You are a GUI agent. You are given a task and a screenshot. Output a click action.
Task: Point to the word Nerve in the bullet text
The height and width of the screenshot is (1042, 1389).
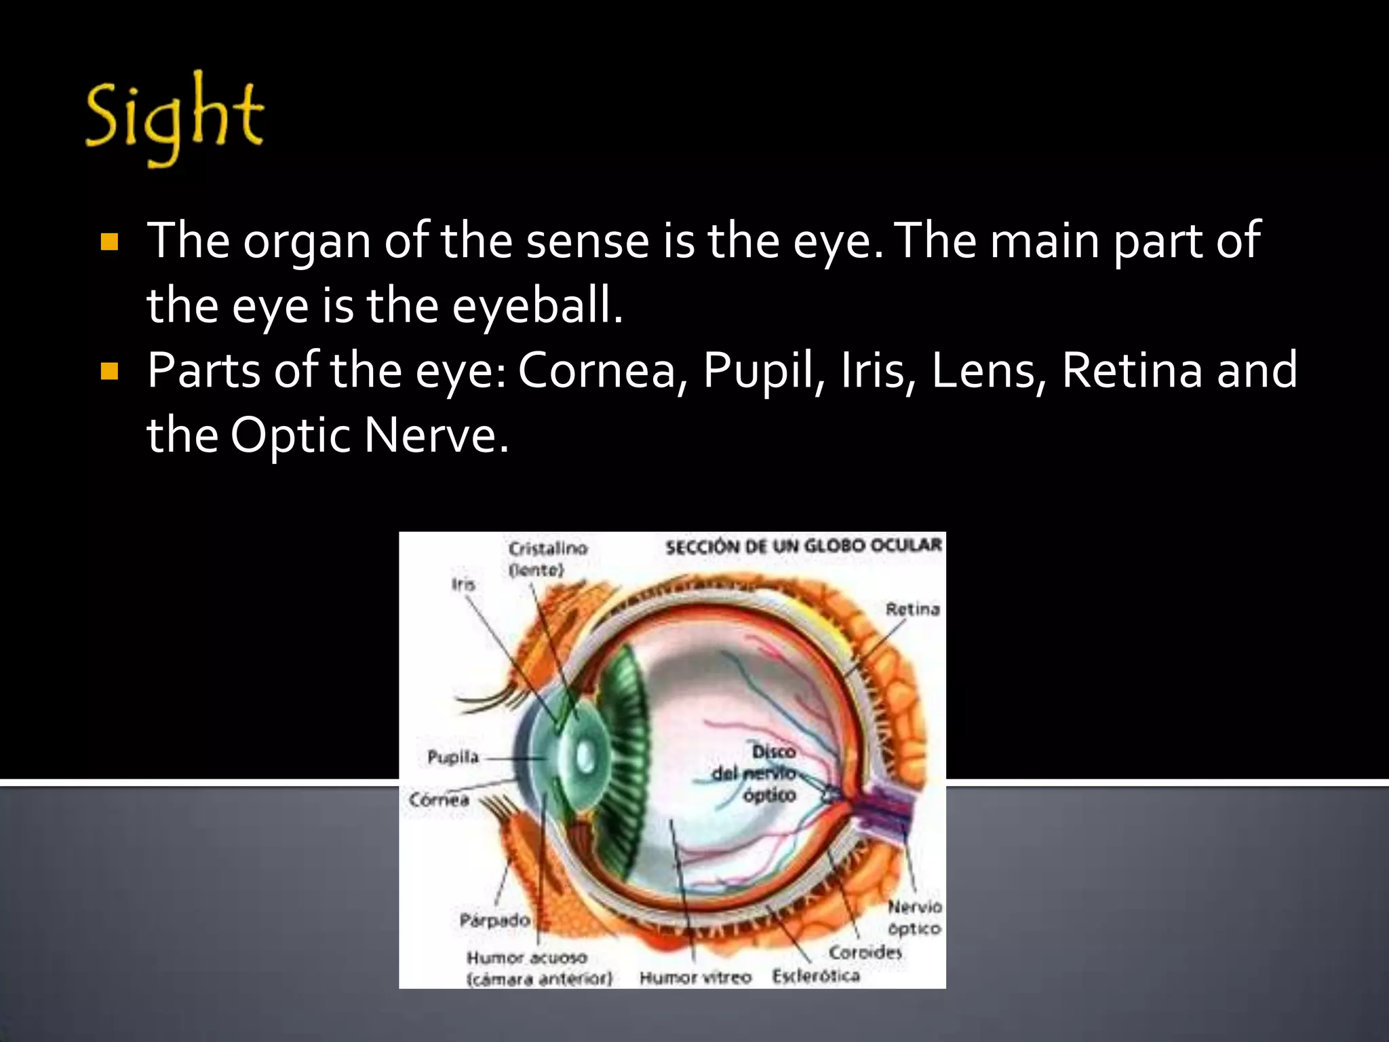tap(435, 435)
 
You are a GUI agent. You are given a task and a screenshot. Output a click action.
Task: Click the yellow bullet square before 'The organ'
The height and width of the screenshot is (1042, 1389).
tap(109, 242)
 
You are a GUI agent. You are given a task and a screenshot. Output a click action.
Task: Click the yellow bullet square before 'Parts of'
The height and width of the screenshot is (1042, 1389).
tap(109, 371)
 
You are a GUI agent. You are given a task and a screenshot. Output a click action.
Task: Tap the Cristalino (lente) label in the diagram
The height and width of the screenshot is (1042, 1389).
tap(547, 558)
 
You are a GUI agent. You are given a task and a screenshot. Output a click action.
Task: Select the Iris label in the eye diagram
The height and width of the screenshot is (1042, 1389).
tap(464, 584)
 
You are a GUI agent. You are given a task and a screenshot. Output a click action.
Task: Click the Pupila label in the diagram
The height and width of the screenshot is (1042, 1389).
tap(453, 757)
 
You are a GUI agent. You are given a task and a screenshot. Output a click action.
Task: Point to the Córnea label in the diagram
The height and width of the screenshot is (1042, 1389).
tap(439, 799)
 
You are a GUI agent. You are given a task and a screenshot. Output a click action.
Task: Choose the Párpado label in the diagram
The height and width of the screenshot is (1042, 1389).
tap(494, 921)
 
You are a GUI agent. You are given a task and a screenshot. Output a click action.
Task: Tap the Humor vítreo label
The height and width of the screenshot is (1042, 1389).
tap(696, 978)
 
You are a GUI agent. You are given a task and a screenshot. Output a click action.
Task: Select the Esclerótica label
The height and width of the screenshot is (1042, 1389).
tap(816, 976)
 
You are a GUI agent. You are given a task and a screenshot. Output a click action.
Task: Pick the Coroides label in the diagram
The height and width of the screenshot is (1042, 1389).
tap(865, 952)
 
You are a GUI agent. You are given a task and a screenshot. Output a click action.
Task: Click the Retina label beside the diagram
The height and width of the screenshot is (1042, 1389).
tap(913, 609)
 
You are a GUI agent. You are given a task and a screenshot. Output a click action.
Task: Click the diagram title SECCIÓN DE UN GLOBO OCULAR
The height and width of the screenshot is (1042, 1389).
tap(804, 546)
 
